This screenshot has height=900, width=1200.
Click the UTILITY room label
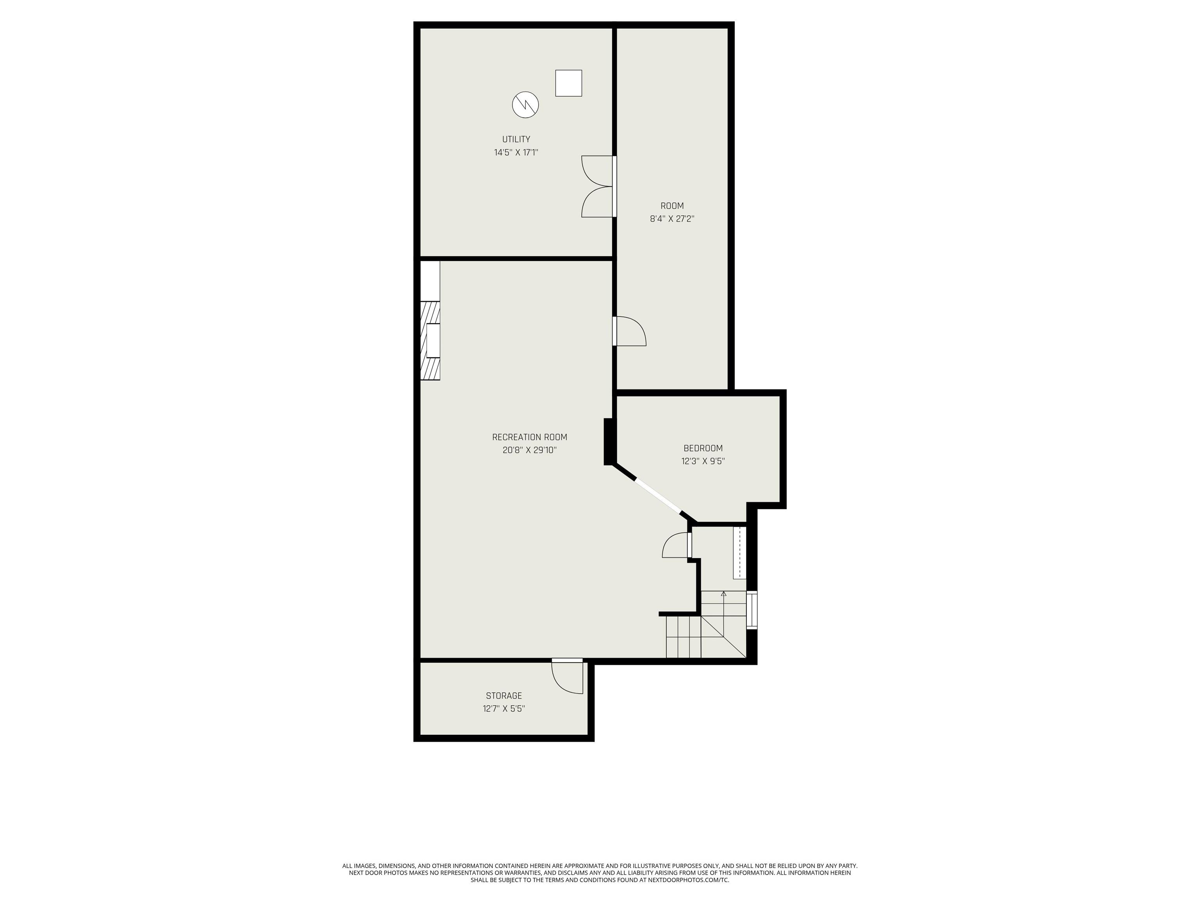point(516,139)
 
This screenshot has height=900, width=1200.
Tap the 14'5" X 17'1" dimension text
point(516,152)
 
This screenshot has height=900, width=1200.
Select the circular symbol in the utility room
point(525,105)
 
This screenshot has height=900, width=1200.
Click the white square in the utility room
point(568,83)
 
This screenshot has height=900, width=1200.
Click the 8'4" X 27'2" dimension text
point(672,219)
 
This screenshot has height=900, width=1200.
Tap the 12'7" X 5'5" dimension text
point(504,709)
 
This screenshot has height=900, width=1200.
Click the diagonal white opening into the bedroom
point(657,495)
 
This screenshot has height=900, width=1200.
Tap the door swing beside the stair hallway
point(677,545)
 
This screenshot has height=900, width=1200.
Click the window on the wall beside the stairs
point(752,610)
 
